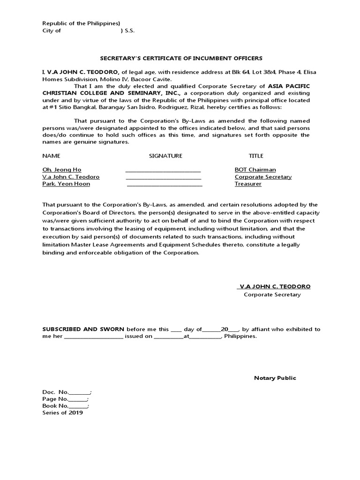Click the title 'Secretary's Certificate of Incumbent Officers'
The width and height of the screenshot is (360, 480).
[182, 58]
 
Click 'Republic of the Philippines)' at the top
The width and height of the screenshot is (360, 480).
[81, 23]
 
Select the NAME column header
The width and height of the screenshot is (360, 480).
[51, 156]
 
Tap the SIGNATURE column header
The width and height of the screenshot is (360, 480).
[165, 156]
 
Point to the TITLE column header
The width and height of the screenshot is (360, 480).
[256, 156]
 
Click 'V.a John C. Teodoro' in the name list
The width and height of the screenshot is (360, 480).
[71, 177]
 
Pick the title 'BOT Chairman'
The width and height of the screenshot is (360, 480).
[255, 170]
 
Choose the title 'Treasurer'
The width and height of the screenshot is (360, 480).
[248, 184]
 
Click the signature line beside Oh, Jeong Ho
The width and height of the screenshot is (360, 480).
[163, 171]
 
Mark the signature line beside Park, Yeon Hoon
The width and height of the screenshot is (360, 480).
[165, 185]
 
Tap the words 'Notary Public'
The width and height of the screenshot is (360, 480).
[275, 378]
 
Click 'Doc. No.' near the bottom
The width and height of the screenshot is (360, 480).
[56, 392]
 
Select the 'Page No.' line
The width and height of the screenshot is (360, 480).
[55, 399]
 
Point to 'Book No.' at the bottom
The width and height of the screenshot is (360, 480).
[56, 406]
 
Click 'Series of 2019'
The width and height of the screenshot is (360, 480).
[62, 413]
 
